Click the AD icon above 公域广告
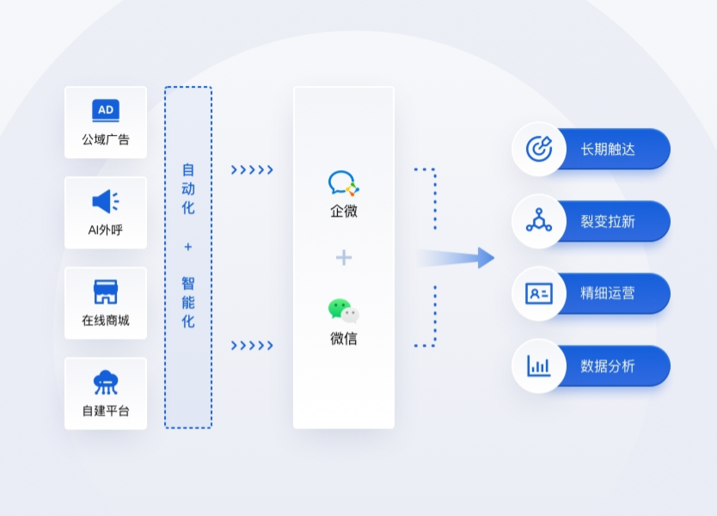106,110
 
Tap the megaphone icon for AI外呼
105,201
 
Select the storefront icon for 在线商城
105,292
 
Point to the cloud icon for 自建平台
106,382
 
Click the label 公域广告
106,139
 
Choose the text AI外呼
106,230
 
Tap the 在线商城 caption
106,321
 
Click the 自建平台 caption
106,411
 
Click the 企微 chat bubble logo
343,183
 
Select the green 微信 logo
343,310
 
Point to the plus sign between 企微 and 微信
344,257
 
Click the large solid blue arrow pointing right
457,257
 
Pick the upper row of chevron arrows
252,170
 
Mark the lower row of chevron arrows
252,346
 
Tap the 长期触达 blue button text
608,150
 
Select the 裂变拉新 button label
608,222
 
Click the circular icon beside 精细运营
539,293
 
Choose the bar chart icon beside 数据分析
539,365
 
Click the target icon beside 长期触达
539,149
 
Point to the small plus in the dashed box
188,247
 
